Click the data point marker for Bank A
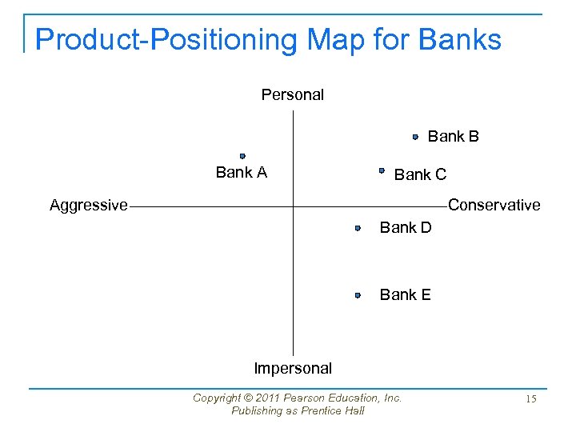pyautogui.click(x=242, y=156)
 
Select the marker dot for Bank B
pyautogui.click(x=415, y=137)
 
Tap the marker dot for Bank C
pyautogui.click(x=382, y=170)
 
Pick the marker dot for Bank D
pyautogui.click(x=358, y=228)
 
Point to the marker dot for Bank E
pyautogui.click(x=358, y=295)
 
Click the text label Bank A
pyautogui.click(x=241, y=172)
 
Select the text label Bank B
pyautogui.click(x=454, y=137)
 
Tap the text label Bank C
pyautogui.click(x=420, y=174)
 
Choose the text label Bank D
pyautogui.click(x=405, y=228)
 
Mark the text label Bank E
pyautogui.click(x=405, y=295)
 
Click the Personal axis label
pyautogui.click(x=292, y=94)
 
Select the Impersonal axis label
pyautogui.click(x=292, y=369)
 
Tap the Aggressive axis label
pyautogui.click(x=88, y=206)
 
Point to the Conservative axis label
pyautogui.click(x=494, y=206)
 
